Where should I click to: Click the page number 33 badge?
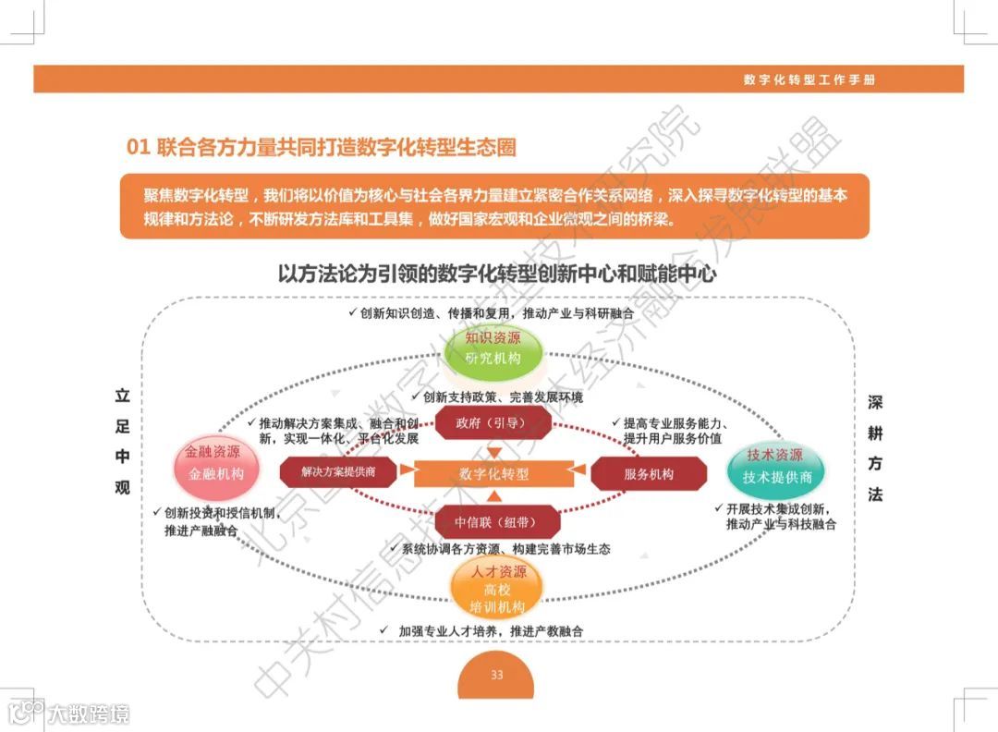point(497,677)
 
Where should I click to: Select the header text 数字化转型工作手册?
point(809,79)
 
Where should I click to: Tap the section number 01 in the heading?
point(138,147)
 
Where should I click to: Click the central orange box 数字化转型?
point(494,474)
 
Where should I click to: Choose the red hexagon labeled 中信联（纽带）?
point(494,522)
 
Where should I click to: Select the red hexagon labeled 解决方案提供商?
point(337,472)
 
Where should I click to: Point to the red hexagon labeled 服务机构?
point(649,474)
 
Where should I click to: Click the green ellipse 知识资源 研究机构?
point(493,348)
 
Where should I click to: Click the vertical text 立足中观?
point(122,442)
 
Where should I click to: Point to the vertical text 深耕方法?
point(875,449)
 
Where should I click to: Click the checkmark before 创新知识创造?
point(352,313)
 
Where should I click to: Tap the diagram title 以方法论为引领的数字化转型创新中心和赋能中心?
point(497,274)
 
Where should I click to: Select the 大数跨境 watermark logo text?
point(89,714)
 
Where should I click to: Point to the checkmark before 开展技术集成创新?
point(718,508)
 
